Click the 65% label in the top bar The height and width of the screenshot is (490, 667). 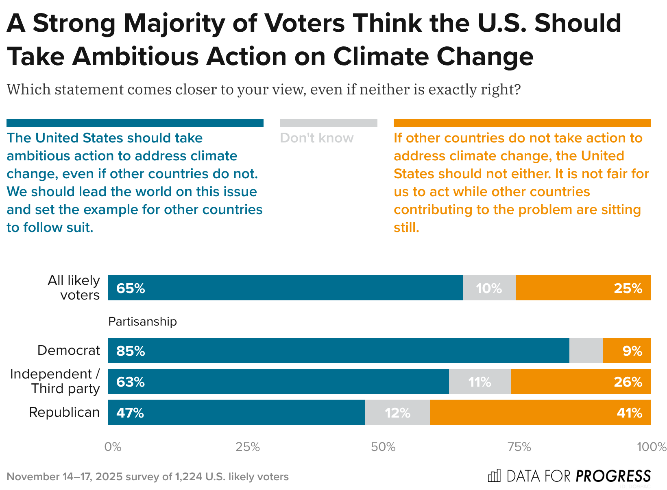[x=131, y=288]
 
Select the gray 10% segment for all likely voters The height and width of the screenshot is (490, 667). [x=489, y=288]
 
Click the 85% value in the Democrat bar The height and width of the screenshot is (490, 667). [x=131, y=351]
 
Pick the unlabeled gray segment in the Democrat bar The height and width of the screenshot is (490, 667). [x=586, y=351]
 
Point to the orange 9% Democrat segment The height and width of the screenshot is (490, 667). [x=626, y=351]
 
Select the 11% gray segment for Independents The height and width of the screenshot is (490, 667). [x=480, y=382]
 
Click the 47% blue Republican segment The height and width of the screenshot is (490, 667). [x=236, y=413]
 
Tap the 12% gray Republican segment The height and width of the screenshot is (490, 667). [x=397, y=413]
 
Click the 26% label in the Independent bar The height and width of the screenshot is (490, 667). [x=628, y=382]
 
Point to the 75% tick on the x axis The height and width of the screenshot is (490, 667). [x=519, y=447]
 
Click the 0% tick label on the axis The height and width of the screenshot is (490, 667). [x=113, y=447]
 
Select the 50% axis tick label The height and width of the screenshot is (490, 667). [x=383, y=447]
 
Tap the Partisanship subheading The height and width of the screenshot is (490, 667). [x=142, y=322]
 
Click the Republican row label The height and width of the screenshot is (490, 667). [x=64, y=412]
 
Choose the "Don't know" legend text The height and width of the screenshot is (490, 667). [x=316, y=138]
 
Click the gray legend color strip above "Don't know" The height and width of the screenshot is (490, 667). [x=328, y=123]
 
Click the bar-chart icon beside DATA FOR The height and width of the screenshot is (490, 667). [x=494, y=475]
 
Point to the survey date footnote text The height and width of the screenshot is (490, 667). [x=148, y=477]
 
